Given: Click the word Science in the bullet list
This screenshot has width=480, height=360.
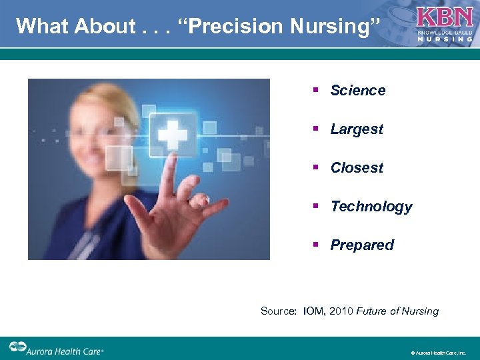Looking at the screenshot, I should [x=358, y=91].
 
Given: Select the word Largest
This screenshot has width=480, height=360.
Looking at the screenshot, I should [x=357, y=129].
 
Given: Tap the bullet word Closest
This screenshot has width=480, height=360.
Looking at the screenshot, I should [x=357, y=168].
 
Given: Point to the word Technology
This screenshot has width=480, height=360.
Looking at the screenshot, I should [x=371, y=207].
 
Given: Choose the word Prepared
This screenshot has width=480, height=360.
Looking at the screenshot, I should [x=362, y=245].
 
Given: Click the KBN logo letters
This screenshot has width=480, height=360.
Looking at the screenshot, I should [x=444, y=16].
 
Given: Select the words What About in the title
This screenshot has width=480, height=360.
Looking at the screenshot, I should [x=75, y=26].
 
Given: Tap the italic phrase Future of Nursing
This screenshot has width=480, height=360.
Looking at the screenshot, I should [x=397, y=311].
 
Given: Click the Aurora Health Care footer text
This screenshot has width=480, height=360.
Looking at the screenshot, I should [x=65, y=349].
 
